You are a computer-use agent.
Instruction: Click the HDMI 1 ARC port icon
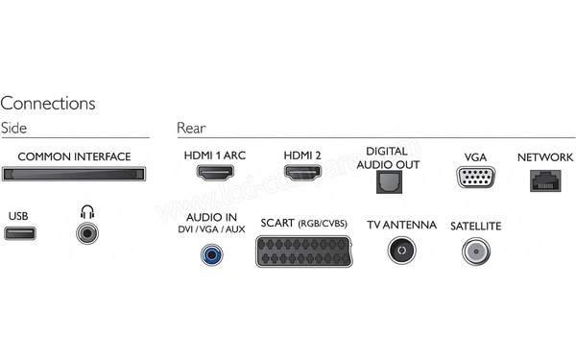pos(216,176)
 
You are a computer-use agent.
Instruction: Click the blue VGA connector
pos(475,177)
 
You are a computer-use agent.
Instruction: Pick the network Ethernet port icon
pos(544,179)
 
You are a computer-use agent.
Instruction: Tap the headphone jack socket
pos(89,232)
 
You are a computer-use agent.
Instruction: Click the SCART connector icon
pos(304,252)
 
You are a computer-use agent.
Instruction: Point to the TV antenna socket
pos(400,252)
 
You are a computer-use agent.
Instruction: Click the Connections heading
pos(48,103)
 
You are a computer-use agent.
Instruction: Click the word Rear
pos(191,128)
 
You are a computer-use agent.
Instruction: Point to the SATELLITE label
pos(474,225)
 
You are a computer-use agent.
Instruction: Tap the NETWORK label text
pos(544,156)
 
